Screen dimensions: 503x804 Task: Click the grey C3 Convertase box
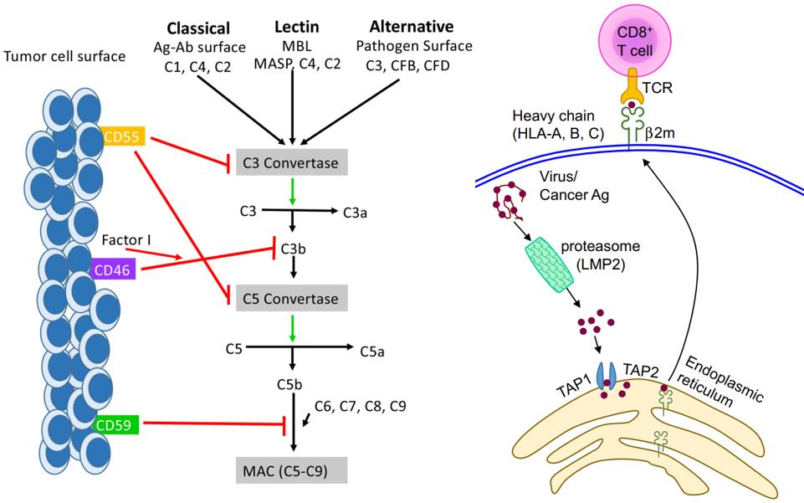[x=291, y=162]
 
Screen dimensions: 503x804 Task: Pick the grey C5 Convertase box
[x=291, y=298]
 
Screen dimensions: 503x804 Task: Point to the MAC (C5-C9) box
[x=291, y=465]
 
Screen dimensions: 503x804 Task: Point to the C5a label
[x=372, y=349]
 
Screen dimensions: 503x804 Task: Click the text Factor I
[x=125, y=241]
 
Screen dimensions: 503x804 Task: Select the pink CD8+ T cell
[x=635, y=38]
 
